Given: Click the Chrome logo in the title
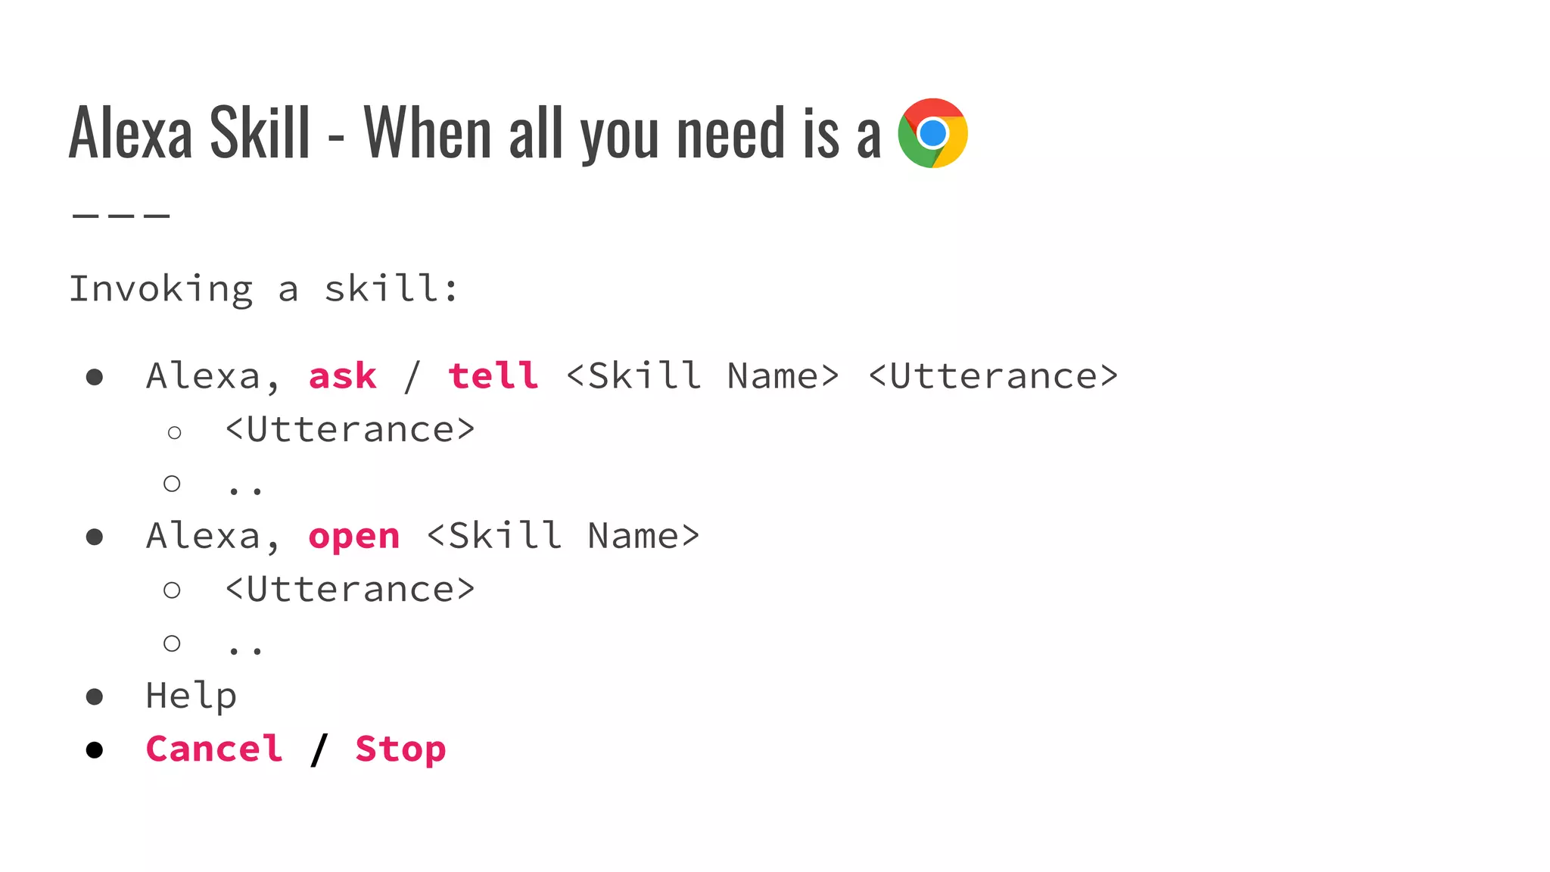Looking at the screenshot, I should point(932,133).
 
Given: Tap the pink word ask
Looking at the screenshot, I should point(342,376).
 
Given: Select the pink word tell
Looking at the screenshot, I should point(493,376).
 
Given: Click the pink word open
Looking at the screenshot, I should point(353,537).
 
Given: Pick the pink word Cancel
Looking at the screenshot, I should point(214,749).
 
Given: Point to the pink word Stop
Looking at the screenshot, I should point(400,749).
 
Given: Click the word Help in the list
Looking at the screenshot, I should point(191,696).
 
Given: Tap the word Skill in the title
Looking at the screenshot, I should point(260,133).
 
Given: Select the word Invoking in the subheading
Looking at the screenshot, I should point(160,289).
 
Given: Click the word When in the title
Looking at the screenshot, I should point(428,133).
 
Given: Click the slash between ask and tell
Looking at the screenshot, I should point(412,376).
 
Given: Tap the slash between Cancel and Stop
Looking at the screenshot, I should point(319,749).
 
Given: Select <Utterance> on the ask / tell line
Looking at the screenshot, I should point(992,376).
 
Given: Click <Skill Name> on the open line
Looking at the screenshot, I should point(563,537).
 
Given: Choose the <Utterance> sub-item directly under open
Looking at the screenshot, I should point(350,590).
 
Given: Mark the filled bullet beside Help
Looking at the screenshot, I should point(95,696).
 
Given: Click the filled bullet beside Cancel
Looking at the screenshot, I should point(95,750).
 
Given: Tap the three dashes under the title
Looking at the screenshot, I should point(121,216).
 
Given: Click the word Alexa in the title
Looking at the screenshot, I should point(130,133).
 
